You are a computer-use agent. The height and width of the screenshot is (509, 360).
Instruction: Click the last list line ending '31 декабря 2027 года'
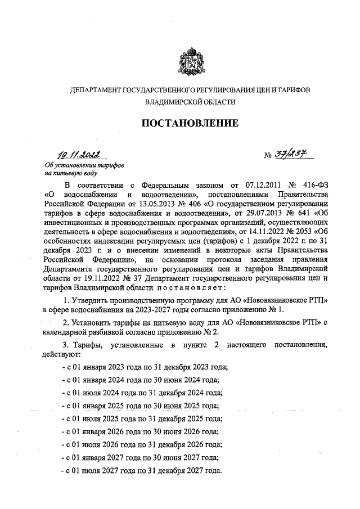(142, 471)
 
